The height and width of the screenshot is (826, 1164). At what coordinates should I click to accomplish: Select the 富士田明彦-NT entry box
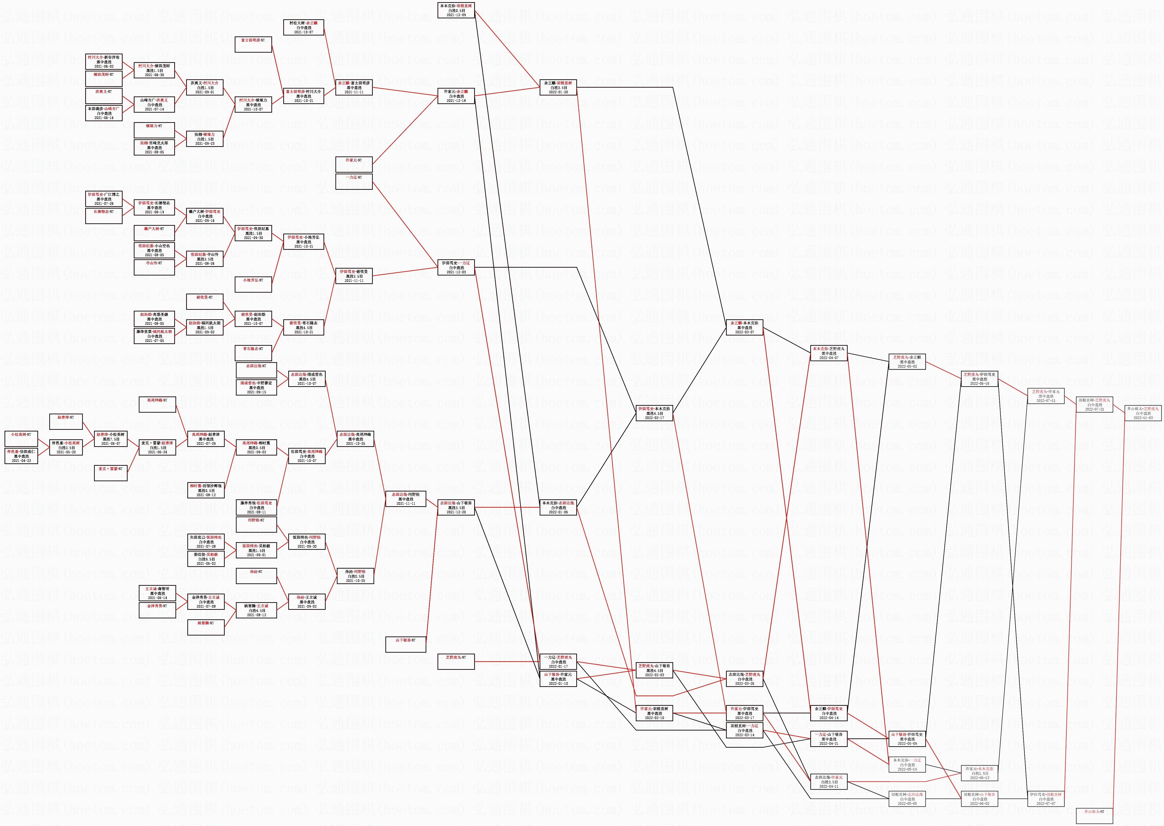click(253, 44)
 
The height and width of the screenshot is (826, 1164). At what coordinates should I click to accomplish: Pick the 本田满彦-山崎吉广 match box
click(104, 113)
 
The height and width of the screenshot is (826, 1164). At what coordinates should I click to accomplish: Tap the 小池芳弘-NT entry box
click(253, 284)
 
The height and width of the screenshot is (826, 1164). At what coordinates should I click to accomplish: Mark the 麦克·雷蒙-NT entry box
click(110, 472)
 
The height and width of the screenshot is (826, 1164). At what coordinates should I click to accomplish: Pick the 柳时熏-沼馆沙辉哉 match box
click(205, 490)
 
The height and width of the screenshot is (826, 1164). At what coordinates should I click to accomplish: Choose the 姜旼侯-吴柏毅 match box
click(205, 558)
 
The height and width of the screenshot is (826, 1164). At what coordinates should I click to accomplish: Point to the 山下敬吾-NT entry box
click(405, 644)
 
